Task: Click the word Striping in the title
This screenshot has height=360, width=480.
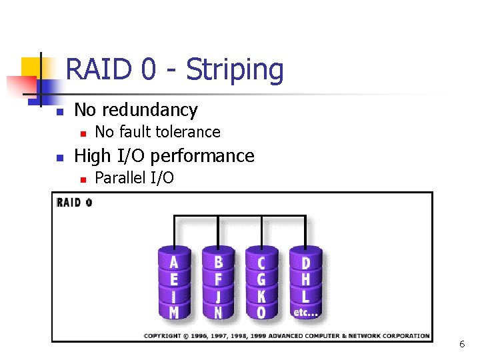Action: tap(235, 70)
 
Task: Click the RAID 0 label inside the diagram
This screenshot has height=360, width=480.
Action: tap(75, 203)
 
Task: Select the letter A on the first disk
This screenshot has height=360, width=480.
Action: tap(174, 261)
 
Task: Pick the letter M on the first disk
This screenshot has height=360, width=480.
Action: tap(174, 311)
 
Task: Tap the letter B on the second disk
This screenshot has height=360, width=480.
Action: tap(218, 261)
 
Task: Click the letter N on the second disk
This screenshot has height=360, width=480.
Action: tap(218, 311)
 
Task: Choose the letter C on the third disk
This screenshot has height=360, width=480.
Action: tap(261, 261)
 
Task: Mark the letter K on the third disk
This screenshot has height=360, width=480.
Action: tap(261, 295)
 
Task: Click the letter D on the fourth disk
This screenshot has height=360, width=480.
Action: tap(305, 261)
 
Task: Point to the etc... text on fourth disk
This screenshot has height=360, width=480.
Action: tap(305, 311)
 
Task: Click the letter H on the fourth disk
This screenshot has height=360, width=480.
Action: tap(305, 278)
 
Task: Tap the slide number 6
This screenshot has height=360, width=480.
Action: tap(461, 345)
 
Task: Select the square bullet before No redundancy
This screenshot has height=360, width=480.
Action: tap(59, 111)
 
